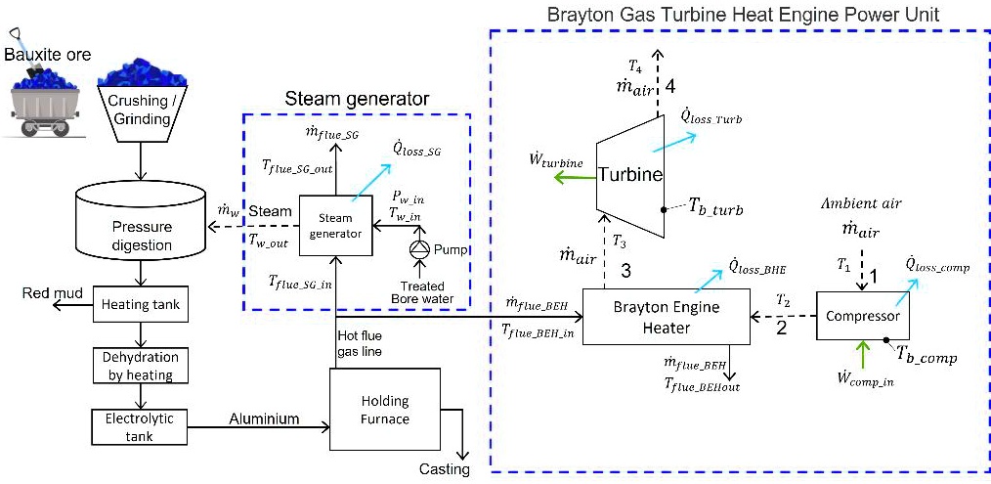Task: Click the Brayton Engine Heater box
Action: click(x=666, y=316)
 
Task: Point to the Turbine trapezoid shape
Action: click(x=631, y=174)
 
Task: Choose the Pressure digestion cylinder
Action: click(x=144, y=226)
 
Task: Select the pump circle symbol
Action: click(x=420, y=250)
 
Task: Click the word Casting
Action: click(x=445, y=469)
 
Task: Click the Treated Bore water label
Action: click(x=417, y=291)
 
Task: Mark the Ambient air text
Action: click(x=860, y=205)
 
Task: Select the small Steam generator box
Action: click(x=335, y=226)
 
